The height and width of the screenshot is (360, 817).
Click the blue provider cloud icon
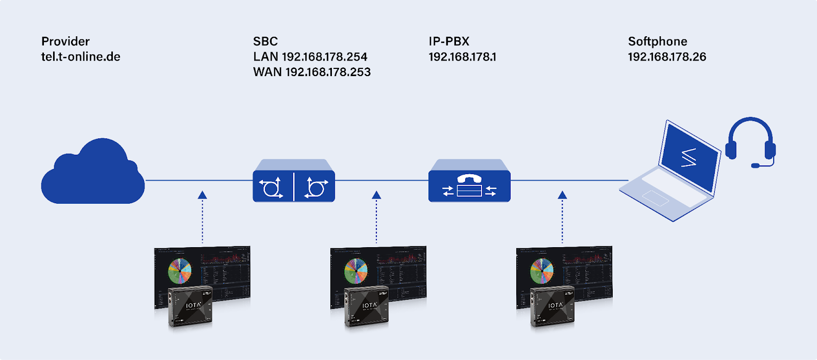[x=93, y=174]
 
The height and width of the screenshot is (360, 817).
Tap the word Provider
[x=65, y=41]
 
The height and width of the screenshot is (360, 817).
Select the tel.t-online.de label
[x=81, y=57]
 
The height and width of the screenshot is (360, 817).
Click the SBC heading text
[x=266, y=41]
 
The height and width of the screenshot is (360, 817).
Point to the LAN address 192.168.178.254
[x=310, y=57]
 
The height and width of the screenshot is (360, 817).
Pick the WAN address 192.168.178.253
[x=312, y=72]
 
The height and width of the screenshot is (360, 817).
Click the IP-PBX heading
[x=449, y=41]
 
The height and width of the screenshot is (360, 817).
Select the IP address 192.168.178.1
[x=462, y=57]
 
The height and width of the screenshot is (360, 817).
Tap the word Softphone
[x=657, y=41]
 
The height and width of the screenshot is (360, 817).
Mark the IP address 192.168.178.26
[x=667, y=57]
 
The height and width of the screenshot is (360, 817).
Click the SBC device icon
[x=294, y=182]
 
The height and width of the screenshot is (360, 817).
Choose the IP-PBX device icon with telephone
[x=469, y=182]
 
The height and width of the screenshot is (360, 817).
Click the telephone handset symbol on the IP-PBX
[x=469, y=178]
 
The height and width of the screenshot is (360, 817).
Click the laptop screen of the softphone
[x=690, y=156]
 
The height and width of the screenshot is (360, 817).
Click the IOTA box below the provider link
[x=190, y=306]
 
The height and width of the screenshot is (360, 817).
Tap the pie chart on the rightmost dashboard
[x=542, y=271]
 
